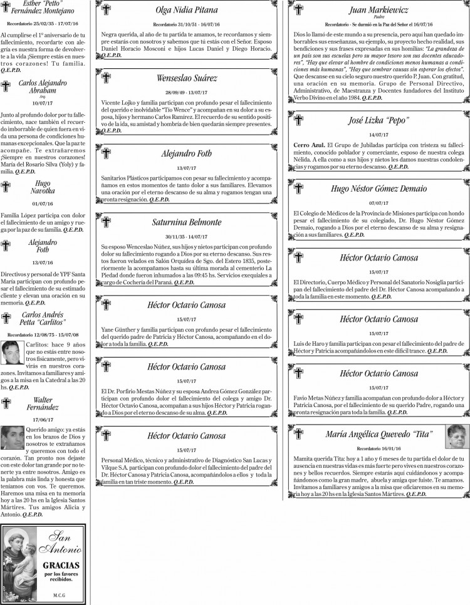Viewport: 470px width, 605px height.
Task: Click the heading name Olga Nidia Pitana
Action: (186, 10)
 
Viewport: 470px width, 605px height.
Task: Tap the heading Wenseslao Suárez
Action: (186, 78)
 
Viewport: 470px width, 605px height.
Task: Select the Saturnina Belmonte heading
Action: (186, 222)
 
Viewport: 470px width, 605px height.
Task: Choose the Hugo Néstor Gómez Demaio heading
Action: (378, 188)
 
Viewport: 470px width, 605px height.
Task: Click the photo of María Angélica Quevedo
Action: (457, 437)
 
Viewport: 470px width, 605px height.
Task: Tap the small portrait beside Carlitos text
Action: (12, 353)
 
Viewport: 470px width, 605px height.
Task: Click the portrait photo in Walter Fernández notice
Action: (12, 437)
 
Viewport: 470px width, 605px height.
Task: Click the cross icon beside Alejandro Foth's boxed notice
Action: (106, 150)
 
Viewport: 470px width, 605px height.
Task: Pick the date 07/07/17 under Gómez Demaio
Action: (378, 203)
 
